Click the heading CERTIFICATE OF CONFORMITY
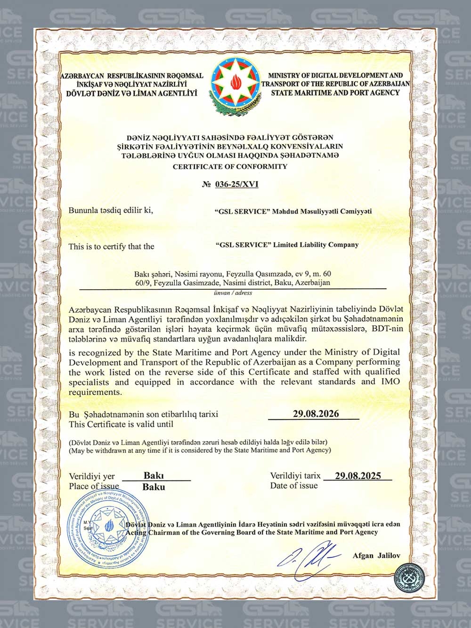[230, 166]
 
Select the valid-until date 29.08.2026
[316, 414]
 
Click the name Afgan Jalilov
[376, 555]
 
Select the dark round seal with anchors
[413, 579]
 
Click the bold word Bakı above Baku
[154, 476]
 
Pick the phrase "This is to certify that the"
[111, 246]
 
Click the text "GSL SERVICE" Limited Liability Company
[286, 245]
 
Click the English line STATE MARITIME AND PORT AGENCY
[335, 93]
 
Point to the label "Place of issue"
[94, 486]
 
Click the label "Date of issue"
[294, 485]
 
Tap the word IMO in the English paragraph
[390, 382]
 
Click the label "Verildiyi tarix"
[295, 476]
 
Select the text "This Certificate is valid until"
[121, 424]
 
